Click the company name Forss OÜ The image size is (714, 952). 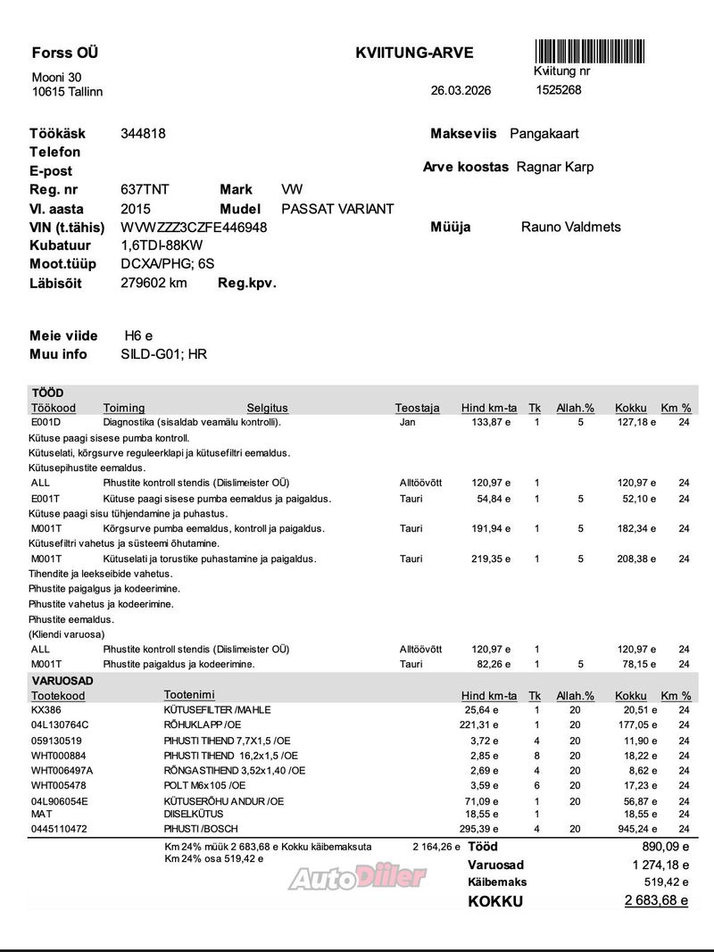pyautogui.click(x=64, y=53)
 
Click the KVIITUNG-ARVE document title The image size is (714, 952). pyautogui.click(x=414, y=54)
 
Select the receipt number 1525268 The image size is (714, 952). pyautogui.click(x=559, y=90)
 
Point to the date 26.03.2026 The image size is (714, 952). pyautogui.click(x=461, y=91)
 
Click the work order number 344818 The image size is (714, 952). pyautogui.click(x=143, y=134)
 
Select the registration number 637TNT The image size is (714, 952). pyautogui.click(x=145, y=190)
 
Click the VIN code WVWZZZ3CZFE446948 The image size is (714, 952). pyautogui.click(x=194, y=228)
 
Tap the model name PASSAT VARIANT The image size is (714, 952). pyautogui.click(x=337, y=209)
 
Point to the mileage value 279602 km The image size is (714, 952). pyautogui.click(x=154, y=283)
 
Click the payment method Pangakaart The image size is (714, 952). pyautogui.click(x=544, y=134)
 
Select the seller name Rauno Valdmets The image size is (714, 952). pyautogui.click(x=571, y=228)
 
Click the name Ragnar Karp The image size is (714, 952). pyautogui.click(x=555, y=167)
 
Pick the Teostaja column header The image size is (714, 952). pyautogui.click(x=418, y=408)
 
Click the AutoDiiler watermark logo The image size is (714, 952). pyautogui.click(x=357, y=879)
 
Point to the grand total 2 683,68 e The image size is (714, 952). pyautogui.click(x=656, y=900)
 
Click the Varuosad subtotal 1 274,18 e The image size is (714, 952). pyautogui.click(x=660, y=865)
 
